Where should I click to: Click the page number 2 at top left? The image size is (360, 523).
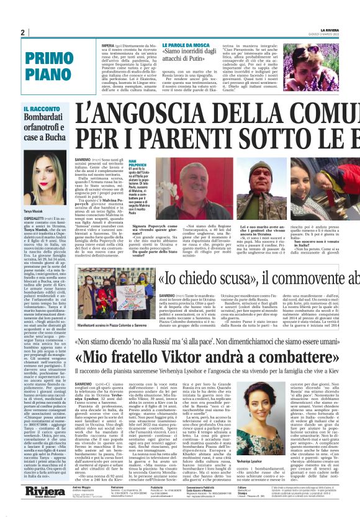coord(23,32)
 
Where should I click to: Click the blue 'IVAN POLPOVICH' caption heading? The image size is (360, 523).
coord(138,163)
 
